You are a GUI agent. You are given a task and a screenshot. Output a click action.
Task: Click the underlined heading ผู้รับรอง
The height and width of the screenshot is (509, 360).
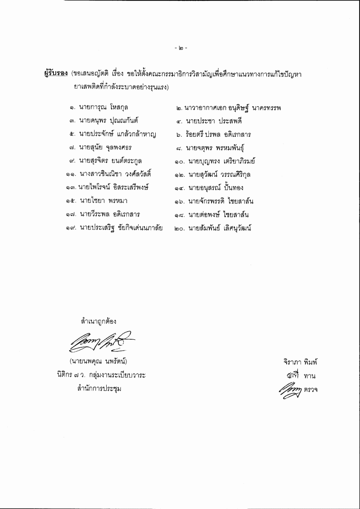click(x=56, y=74)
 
